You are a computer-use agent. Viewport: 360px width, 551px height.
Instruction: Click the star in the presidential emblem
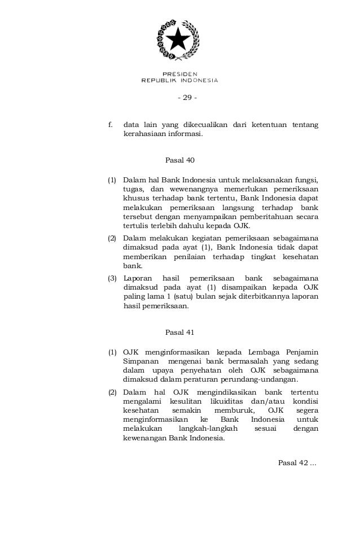pyautogui.click(x=179, y=40)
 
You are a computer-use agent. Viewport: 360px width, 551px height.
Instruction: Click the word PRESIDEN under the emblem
pyautogui.click(x=179, y=73)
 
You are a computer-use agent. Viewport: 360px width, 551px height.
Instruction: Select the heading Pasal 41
pyautogui.click(x=179, y=331)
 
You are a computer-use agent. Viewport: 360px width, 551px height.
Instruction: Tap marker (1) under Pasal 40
pyautogui.click(x=112, y=180)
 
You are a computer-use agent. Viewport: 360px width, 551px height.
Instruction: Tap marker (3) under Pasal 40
pyautogui.click(x=112, y=278)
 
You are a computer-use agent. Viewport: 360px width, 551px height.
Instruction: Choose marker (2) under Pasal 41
pyautogui.click(x=112, y=392)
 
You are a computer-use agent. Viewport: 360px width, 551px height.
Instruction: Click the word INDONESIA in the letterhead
pyautogui.click(x=198, y=80)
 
